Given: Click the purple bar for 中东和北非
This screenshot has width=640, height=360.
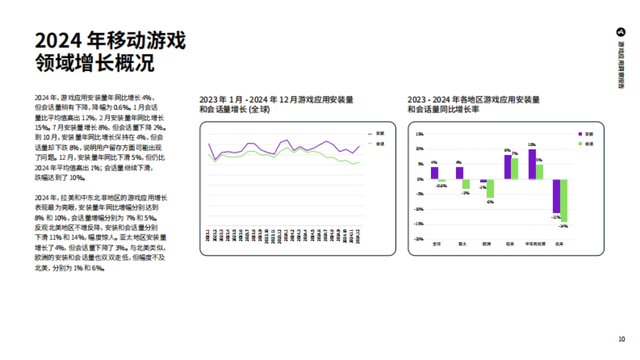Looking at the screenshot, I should (x=532, y=164).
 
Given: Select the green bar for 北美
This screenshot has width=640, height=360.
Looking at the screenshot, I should (x=564, y=200).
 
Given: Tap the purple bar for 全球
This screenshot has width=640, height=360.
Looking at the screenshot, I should (x=435, y=173).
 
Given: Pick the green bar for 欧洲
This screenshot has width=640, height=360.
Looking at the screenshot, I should (x=490, y=188).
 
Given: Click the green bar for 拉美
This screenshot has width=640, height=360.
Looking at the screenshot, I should (x=515, y=169).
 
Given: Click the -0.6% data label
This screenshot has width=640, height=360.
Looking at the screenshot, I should (x=442, y=186).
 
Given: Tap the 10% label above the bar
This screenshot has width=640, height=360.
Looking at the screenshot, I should (x=532, y=145).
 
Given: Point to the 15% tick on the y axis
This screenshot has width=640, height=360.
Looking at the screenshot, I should (x=419, y=134).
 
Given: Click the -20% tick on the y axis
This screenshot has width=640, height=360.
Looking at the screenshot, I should (x=419, y=239).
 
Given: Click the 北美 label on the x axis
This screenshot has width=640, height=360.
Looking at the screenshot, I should (x=559, y=244).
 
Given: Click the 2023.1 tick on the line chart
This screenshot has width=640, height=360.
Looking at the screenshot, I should (x=208, y=235).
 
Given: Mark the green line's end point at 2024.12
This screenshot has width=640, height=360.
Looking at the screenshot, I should (x=359, y=162).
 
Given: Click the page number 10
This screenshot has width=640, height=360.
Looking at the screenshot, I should (x=621, y=339).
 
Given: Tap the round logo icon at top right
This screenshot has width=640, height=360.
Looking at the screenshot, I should (x=621, y=32).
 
